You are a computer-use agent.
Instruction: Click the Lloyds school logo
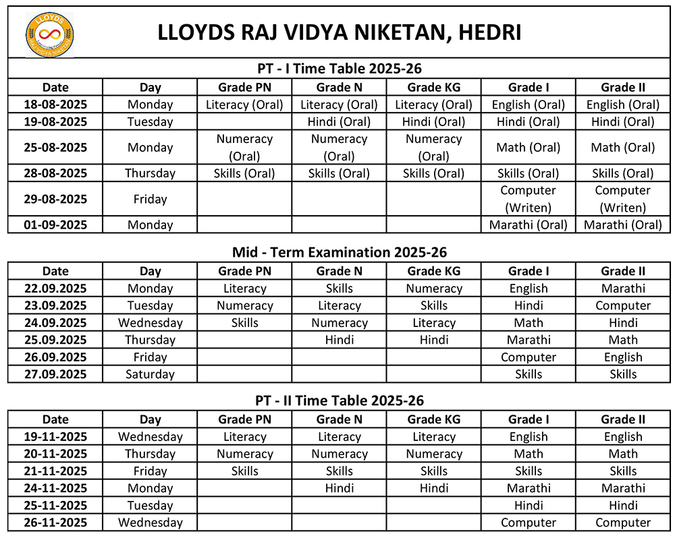(49, 33)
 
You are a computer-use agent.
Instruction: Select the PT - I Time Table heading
(340, 69)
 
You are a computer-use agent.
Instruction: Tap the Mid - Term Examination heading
(340, 252)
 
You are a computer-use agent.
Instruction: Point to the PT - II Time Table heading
(340, 400)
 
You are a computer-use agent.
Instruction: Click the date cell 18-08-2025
(55, 104)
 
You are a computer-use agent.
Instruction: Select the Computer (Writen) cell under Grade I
(528, 199)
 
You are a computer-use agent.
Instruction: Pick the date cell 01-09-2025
(55, 225)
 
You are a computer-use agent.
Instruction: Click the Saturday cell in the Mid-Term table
(150, 374)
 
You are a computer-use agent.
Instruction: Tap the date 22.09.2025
(55, 289)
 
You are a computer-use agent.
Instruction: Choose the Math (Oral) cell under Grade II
(623, 148)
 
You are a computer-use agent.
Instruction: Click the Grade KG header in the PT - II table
(434, 419)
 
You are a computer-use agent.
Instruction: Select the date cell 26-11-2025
(55, 522)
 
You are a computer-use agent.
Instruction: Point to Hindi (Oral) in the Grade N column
(339, 122)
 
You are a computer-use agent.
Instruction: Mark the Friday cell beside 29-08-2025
(150, 199)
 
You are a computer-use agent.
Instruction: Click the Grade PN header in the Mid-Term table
(244, 271)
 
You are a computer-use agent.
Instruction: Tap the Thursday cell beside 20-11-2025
(150, 454)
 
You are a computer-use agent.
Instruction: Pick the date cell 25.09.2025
(55, 340)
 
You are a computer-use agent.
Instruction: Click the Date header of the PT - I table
(55, 87)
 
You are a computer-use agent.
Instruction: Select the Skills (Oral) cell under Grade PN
(244, 173)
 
